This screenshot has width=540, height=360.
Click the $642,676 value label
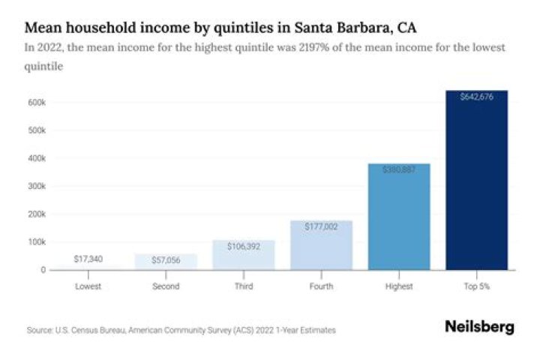coord(476,96)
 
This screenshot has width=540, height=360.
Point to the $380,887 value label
coord(399,169)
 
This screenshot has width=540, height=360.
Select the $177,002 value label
coord(321,226)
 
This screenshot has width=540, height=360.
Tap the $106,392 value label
coord(244,245)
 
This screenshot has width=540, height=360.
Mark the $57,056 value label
coord(166,259)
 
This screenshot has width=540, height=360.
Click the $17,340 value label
coord(88,259)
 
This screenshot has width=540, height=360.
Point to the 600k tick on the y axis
coord(38,102)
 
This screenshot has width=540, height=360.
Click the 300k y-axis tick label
coord(38,186)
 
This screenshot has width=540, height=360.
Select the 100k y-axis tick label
coord(38,242)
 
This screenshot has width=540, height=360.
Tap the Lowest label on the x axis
coord(88,286)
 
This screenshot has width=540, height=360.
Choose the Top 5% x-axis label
coord(476,286)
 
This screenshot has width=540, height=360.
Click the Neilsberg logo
coord(479,327)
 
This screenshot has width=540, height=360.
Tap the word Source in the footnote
coord(38,330)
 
